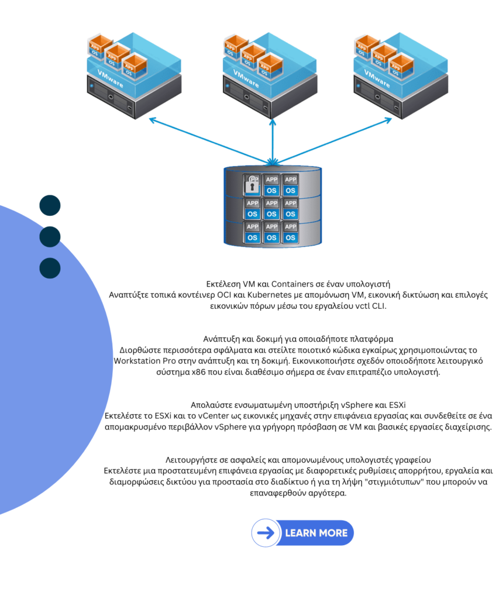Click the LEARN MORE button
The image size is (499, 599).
(315, 533)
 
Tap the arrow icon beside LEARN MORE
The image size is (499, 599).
(266, 533)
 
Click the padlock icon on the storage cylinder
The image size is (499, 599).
(252, 184)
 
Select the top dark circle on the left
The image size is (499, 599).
(50, 205)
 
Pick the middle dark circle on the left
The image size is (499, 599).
(50, 236)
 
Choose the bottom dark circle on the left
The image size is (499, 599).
(50, 267)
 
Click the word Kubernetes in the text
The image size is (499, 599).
(254, 294)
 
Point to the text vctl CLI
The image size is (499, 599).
(382, 305)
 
